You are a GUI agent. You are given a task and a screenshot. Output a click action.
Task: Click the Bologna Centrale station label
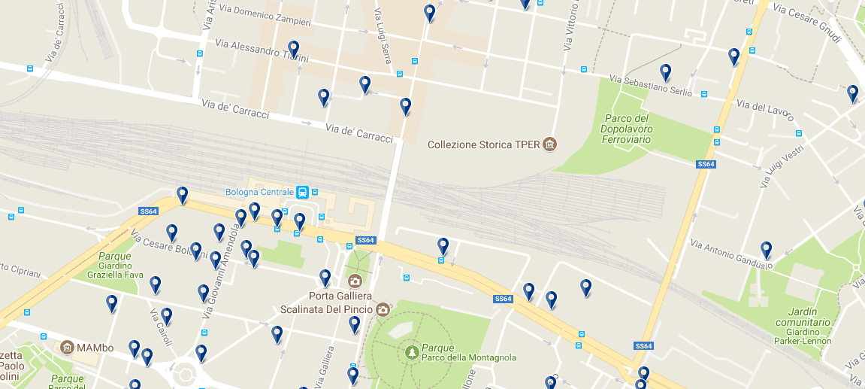click(259, 192)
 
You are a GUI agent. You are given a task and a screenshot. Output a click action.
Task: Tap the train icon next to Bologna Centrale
click(302, 192)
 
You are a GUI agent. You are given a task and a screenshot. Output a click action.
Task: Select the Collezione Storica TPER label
click(484, 144)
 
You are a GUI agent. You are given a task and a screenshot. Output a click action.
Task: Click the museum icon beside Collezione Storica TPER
click(550, 144)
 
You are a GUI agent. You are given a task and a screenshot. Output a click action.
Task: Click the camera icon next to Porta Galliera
click(355, 281)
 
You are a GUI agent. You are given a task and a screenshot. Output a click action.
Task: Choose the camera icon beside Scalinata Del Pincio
click(383, 309)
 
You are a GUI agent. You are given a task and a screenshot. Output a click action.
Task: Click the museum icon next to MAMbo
click(67, 348)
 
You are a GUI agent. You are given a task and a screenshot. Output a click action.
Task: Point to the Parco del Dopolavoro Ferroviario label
click(626, 129)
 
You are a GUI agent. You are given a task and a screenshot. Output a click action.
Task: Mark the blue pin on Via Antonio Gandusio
click(767, 249)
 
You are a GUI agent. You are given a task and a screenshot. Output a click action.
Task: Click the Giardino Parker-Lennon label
click(803, 341)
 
